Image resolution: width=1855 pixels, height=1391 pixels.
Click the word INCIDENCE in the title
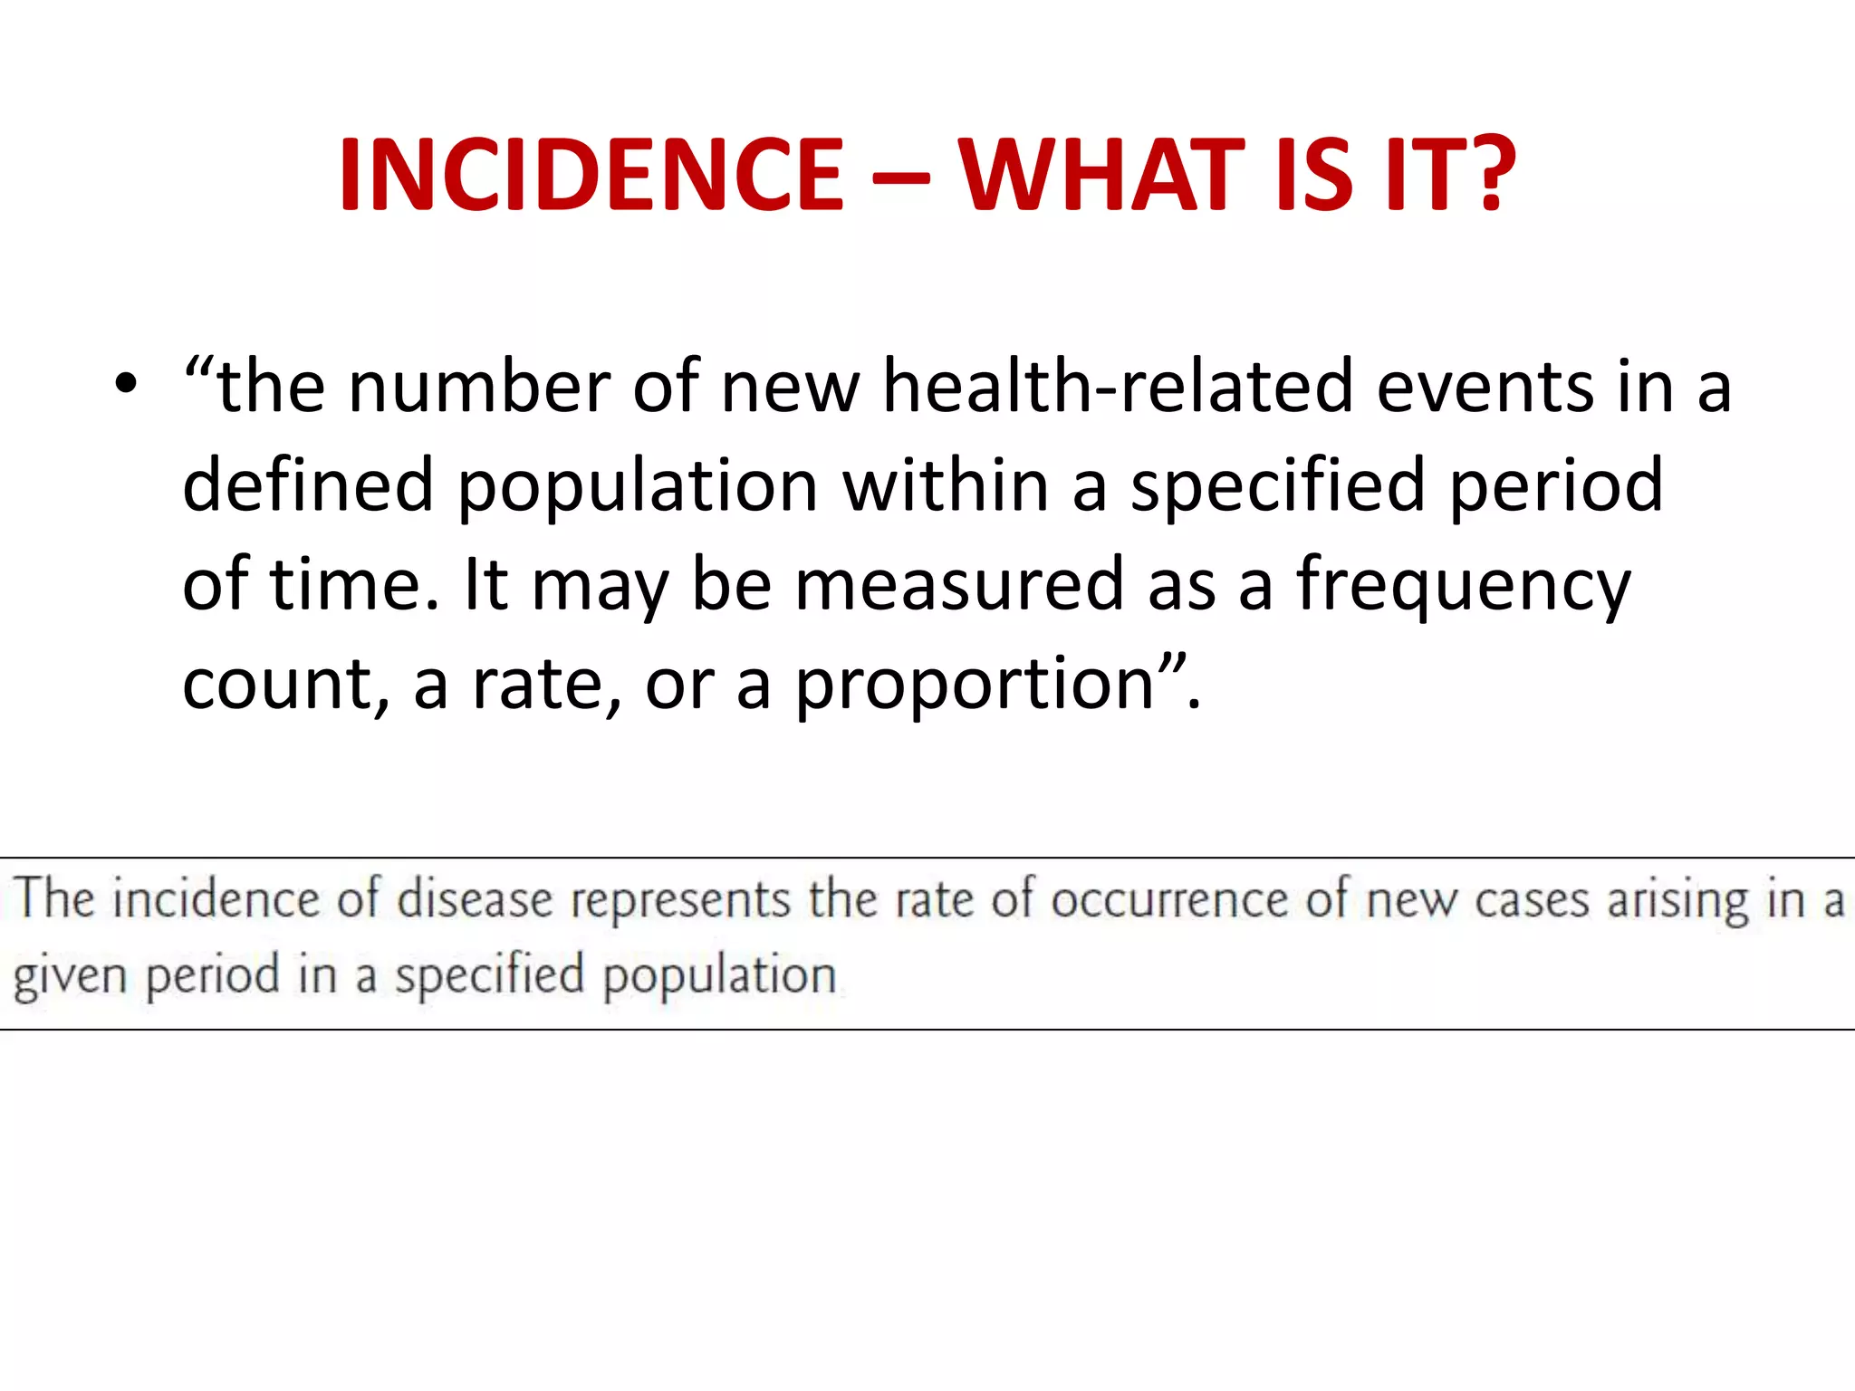[591, 174]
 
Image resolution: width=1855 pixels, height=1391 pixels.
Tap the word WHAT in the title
[1101, 174]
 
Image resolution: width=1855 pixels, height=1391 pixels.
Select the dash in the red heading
[900, 177]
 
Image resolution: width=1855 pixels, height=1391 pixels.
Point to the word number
[479, 388]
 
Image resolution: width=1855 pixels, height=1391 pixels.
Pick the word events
[1485, 388]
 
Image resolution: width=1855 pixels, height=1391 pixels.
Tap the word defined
[308, 485]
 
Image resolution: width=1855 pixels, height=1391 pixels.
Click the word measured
[959, 585]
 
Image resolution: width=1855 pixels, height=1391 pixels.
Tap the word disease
[475, 900]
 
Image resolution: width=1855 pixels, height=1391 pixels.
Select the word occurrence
[1170, 900]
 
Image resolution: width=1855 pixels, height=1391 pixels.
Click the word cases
[1532, 902]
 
